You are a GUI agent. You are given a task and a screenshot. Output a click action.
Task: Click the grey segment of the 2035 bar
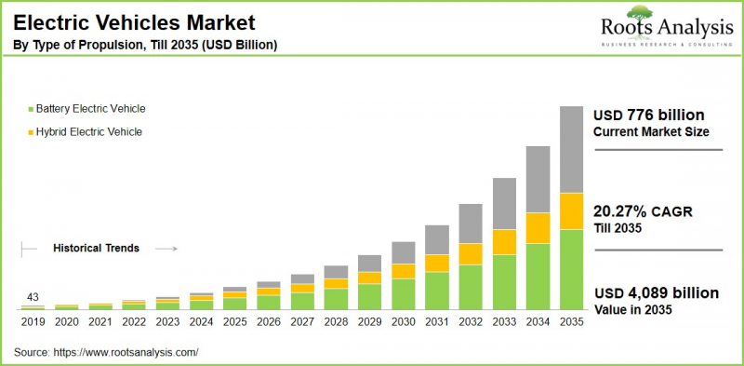(570, 149)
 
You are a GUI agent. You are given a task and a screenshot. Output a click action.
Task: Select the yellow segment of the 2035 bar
(570, 210)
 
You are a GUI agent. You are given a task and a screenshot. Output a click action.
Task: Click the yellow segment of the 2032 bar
(471, 253)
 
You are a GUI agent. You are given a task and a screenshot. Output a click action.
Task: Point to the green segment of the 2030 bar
(403, 293)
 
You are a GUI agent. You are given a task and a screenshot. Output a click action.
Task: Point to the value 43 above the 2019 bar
(33, 297)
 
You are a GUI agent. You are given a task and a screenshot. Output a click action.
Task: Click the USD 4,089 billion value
(656, 292)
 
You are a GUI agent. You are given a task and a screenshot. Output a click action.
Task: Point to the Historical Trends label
(96, 249)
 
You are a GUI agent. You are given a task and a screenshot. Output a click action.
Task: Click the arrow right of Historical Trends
(166, 249)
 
